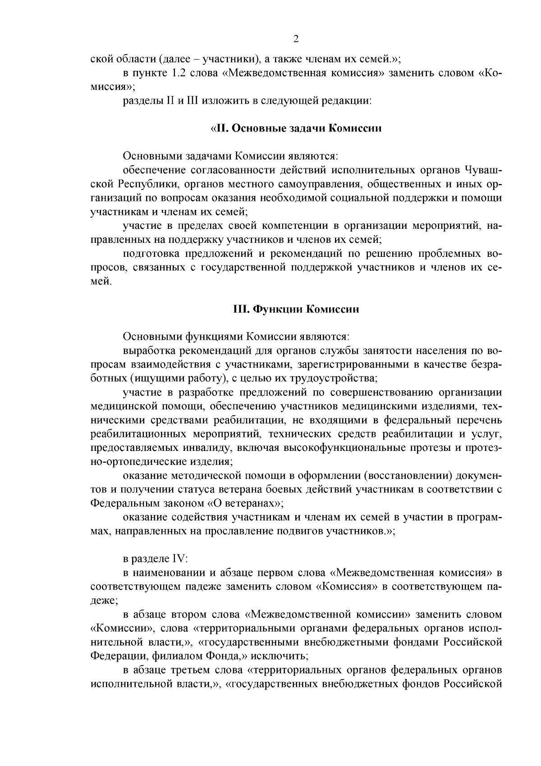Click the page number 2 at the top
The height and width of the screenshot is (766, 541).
tap(296, 38)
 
